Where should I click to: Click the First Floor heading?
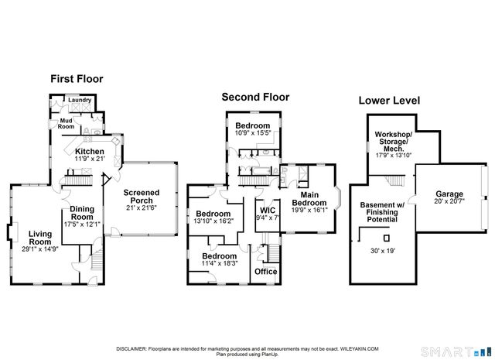click(x=77, y=79)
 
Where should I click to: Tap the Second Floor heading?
click(x=255, y=97)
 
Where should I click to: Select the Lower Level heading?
click(x=389, y=101)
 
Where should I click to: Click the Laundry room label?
click(x=80, y=100)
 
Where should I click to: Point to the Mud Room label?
click(x=66, y=124)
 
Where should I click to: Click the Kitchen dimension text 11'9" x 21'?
click(x=90, y=159)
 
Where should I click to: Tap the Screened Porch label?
click(x=142, y=197)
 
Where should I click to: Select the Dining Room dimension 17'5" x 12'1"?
click(x=82, y=224)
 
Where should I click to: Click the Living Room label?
click(x=40, y=238)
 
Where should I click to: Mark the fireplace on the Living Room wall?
click(x=12, y=232)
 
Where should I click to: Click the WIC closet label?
click(x=268, y=210)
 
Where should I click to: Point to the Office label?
click(x=266, y=272)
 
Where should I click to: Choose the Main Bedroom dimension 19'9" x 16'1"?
click(x=309, y=210)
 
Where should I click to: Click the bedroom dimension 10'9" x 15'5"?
click(x=253, y=132)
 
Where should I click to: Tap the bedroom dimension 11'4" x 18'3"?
click(x=220, y=263)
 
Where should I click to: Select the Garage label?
click(x=449, y=194)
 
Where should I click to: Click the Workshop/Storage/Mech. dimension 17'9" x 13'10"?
click(x=394, y=155)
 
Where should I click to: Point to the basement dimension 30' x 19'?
click(x=383, y=251)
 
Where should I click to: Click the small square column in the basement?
click(x=387, y=238)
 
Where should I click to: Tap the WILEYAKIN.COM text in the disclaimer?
click(x=359, y=349)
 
